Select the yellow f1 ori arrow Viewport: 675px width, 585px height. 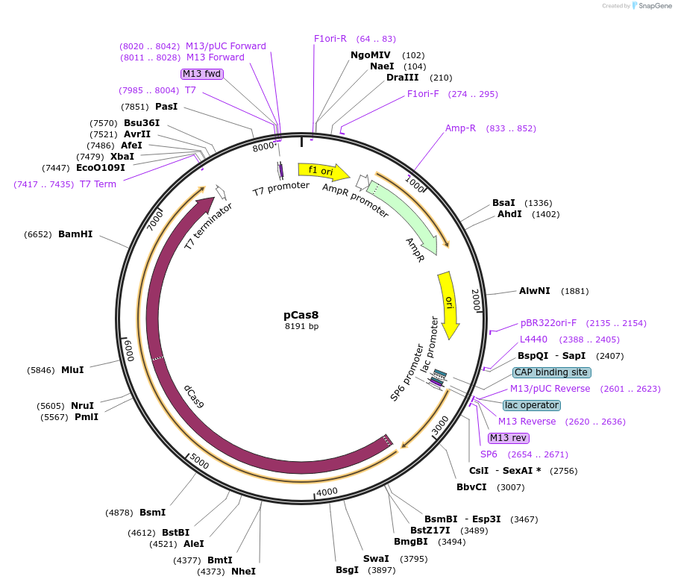click(322, 172)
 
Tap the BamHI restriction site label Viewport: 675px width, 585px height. click(75, 234)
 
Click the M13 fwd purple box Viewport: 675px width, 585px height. click(201, 73)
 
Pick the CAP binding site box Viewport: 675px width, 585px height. click(551, 372)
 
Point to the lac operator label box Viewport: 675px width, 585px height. click(531, 405)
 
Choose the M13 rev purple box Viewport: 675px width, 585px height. click(508, 438)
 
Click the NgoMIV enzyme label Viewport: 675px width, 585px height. click(371, 54)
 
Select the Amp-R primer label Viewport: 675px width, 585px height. click(460, 128)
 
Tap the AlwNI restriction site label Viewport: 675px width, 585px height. click(534, 291)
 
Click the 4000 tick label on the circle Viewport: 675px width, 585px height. click(327, 492)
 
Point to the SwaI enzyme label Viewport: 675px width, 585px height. click(376, 558)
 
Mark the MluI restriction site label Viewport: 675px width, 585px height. click(72, 369)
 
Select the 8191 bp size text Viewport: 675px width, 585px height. click(301, 327)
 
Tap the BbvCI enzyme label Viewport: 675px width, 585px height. click(471, 487)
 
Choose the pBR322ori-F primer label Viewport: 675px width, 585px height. click(548, 323)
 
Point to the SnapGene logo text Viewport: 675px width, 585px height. click(651, 6)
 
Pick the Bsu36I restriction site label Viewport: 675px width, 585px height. click(142, 122)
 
